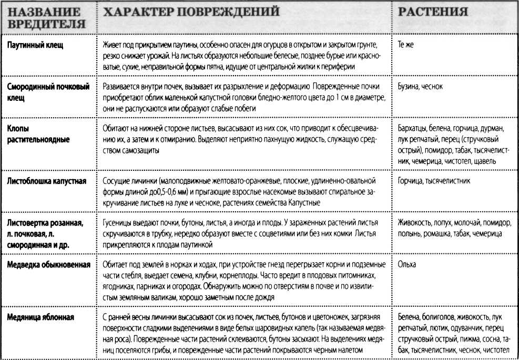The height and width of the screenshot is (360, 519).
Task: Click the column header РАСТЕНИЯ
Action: pos(433,12)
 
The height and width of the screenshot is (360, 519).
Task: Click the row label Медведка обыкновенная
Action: pos(50,264)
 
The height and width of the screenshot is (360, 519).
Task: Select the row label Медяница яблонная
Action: pos(40,317)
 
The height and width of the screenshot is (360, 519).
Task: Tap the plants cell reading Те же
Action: pos(406,46)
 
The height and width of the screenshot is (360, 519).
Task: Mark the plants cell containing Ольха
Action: pos(407,264)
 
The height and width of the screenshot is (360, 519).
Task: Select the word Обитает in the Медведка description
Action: pos(115,264)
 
